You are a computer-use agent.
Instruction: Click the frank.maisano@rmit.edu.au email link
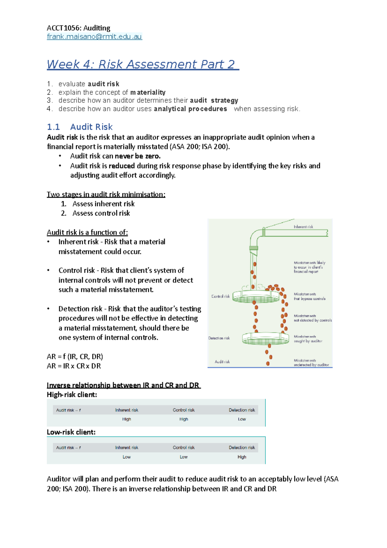(x=94, y=36)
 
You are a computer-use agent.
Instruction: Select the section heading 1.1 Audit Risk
(x=80, y=127)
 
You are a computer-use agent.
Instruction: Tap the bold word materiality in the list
(x=148, y=92)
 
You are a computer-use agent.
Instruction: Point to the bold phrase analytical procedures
(x=190, y=109)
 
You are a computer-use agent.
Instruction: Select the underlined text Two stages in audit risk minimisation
(x=106, y=194)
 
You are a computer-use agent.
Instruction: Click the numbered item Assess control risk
(x=101, y=213)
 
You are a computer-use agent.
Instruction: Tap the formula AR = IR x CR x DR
(x=74, y=366)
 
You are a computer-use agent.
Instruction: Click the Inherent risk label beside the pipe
(x=303, y=227)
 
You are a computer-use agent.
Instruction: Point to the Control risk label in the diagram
(x=221, y=296)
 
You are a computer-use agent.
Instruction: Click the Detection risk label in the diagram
(x=219, y=338)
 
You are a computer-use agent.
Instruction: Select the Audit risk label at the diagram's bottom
(x=222, y=362)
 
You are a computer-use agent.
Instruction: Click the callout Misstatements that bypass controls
(x=309, y=296)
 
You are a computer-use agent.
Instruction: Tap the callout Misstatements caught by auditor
(x=308, y=339)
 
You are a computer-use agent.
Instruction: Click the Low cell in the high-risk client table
(x=242, y=419)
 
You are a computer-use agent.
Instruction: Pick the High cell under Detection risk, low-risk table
(x=242, y=457)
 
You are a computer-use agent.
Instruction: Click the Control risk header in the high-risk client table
(x=184, y=410)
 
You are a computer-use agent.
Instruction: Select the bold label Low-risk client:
(x=71, y=432)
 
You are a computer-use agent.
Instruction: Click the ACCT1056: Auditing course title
(x=78, y=28)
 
